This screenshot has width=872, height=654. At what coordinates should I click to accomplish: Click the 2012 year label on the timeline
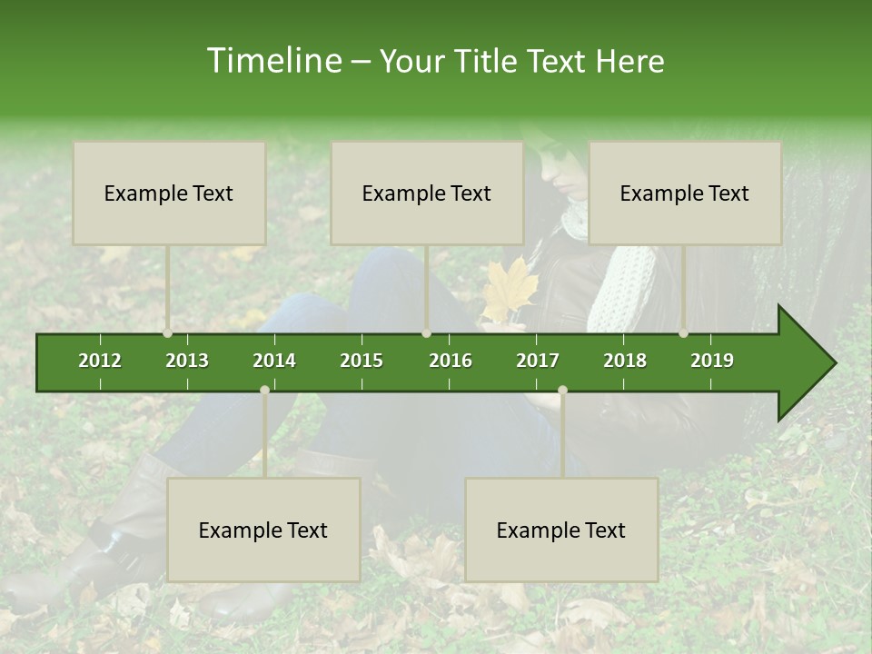pyautogui.click(x=100, y=361)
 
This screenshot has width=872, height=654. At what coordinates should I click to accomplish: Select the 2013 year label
pyautogui.click(x=187, y=361)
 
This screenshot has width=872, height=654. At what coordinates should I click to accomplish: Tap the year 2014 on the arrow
pyautogui.click(x=274, y=361)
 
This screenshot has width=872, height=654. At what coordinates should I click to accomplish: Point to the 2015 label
pyautogui.click(x=362, y=361)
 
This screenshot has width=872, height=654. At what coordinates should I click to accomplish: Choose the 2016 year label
pyautogui.click(x=451, y=361)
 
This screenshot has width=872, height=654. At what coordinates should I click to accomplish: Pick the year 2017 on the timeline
pyautogui.click(x=538, y=361)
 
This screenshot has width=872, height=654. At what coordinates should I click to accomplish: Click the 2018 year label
pyautogui.click(x=625, y=361)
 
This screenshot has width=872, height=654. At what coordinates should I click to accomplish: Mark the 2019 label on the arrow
pyautogui.click(x=712, y=361)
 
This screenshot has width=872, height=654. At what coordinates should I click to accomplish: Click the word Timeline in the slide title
pyautogui.click(x=273, y=61)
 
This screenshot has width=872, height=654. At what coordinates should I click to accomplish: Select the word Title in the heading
pyautogui.click(x=484, y=61)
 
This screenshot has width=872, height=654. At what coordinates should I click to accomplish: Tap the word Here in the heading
pyautogui.click(x=630, y=61)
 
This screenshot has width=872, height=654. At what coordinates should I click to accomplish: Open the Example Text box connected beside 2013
pyautogui.click(x=169, y=193)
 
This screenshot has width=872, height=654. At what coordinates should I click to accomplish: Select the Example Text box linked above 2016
pyautogui.click(x=427, y=193)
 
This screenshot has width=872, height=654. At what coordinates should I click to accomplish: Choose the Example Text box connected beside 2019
pyautogui.click(x=685, y=193)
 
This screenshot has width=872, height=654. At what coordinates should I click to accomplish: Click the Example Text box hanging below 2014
pyautogui.click(x=263, y=530)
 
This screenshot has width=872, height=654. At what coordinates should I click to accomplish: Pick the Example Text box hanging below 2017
pyautogui.click(x=561, y=530)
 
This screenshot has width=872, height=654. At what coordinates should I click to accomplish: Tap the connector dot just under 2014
pyautogui.click(x=264, y=390)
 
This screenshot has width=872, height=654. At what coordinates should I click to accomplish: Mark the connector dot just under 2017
pyautogui.click(x=562, y=390)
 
